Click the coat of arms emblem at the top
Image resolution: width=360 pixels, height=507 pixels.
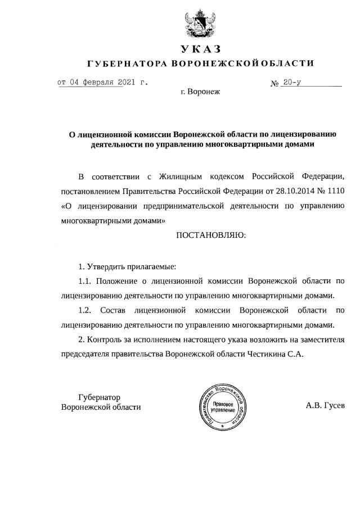pos(200,24)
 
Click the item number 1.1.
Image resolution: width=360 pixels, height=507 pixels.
pos(85,280)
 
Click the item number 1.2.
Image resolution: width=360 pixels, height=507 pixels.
pos(85,310)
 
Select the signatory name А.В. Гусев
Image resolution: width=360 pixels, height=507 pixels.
pos(325,405)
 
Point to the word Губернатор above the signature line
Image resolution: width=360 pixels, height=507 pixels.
pos(100,397)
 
